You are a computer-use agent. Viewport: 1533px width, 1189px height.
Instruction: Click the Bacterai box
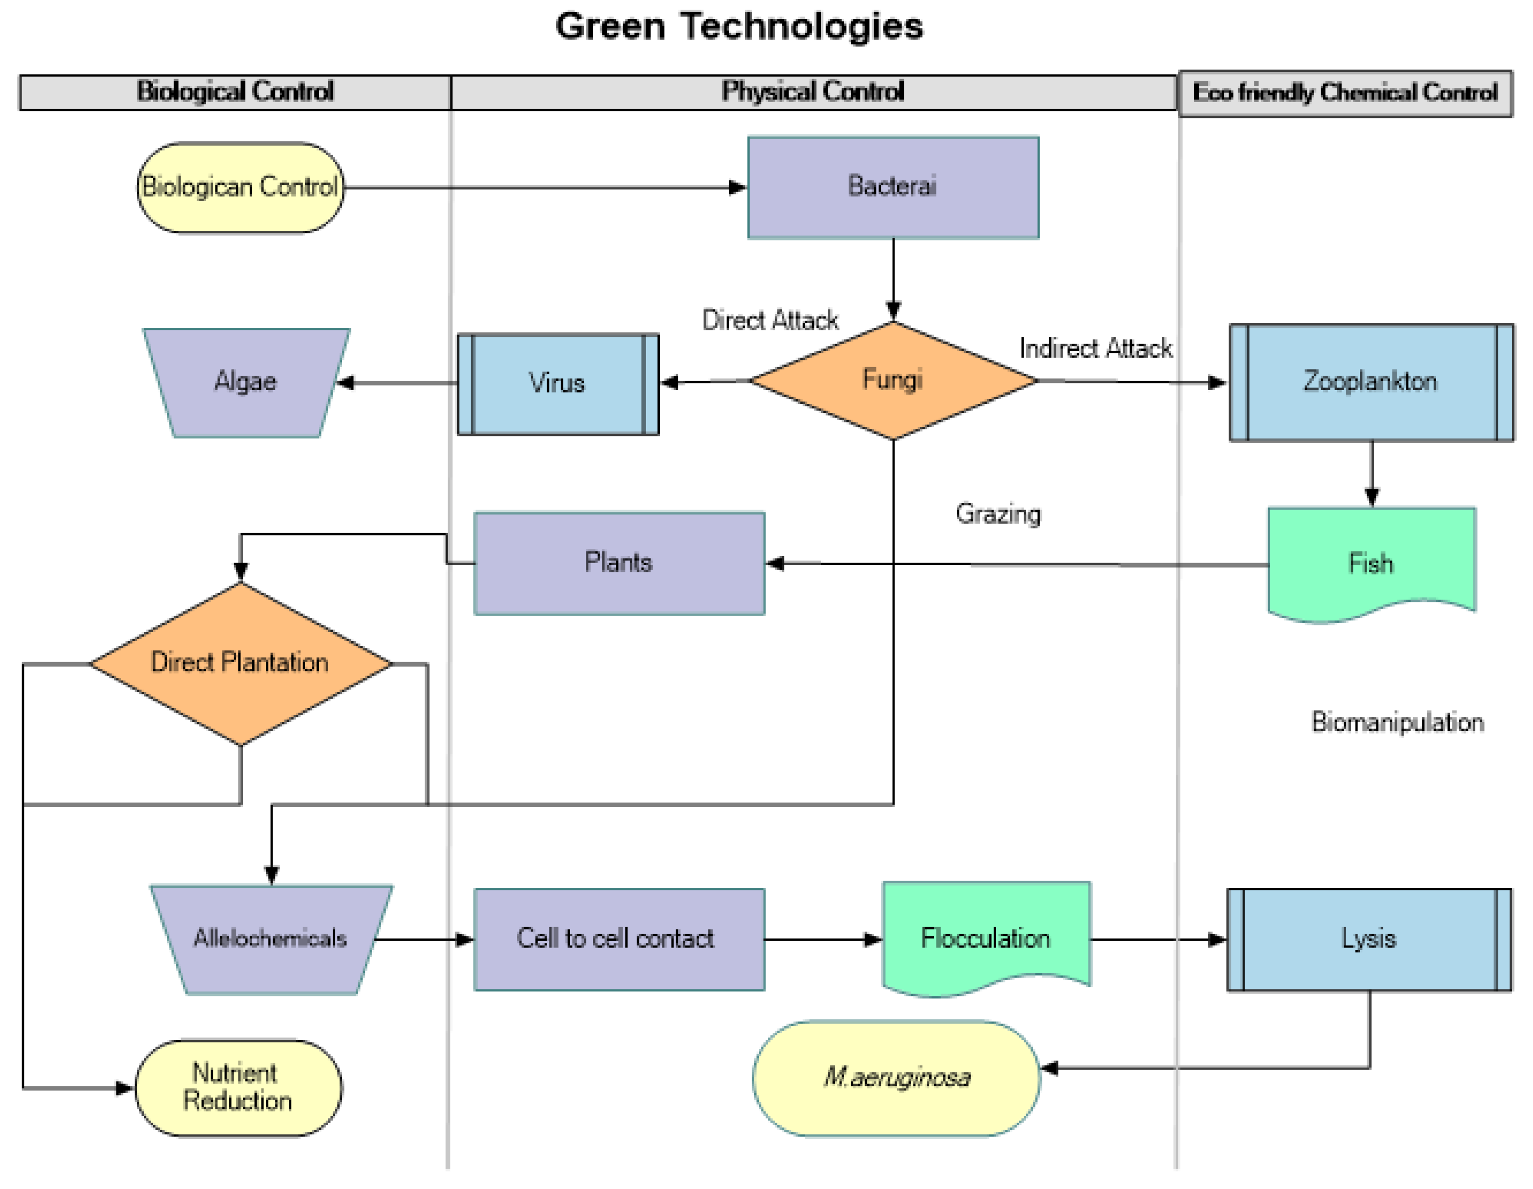(893, 187)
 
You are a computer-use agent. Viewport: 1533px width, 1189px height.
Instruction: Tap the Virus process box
(558, 384)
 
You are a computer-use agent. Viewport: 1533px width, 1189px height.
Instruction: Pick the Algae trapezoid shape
(245, 383)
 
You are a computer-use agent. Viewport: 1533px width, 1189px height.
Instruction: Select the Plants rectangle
(619, 563)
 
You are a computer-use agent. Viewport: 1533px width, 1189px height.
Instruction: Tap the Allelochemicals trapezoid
(271, 939)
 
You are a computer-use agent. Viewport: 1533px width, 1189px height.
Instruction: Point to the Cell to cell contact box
(619, 939)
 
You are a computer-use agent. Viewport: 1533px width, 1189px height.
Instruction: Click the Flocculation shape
(985, 938)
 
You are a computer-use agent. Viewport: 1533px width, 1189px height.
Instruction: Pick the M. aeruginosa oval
(896, 1077)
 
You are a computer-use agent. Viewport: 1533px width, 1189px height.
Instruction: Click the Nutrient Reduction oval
(238, 1088)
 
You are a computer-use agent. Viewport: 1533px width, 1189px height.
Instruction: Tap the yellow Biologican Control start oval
(240, 187)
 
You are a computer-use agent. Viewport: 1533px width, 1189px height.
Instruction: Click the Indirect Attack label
(1096, 348)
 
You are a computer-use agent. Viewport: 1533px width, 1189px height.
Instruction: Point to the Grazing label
(998, 514)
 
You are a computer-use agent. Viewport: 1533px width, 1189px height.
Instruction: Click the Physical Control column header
(813, 92)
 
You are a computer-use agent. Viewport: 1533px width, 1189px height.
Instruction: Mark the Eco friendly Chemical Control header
(1345, 93)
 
